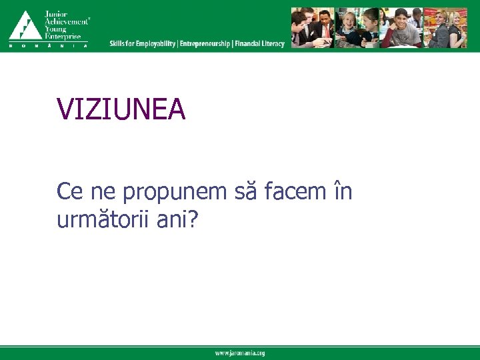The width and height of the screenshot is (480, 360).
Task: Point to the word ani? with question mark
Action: [x=177, y=219]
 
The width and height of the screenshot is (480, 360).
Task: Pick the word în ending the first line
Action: [x=342, y=192]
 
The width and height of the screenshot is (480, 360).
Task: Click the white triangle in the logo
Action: [x=24, y=27]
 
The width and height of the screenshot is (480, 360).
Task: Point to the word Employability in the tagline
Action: [x=156, y=44]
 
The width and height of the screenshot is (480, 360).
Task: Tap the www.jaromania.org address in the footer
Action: [x=239, y=353]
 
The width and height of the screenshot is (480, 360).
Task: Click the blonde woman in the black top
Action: [x=455, y=29]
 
